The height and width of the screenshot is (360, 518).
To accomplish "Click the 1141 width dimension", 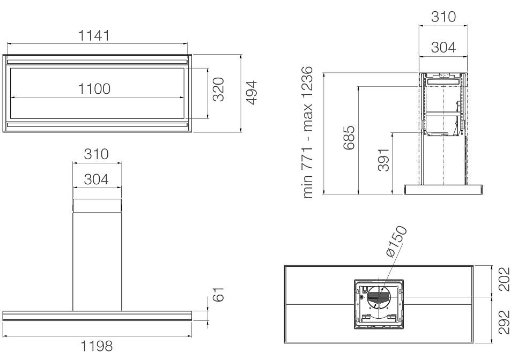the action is [x=94, y=36].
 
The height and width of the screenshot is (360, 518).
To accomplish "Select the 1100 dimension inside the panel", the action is [x=94, y=89].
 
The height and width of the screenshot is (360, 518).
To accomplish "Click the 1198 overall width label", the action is [x=97, y=347].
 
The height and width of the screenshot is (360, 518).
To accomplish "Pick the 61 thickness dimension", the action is [x=218, y=294].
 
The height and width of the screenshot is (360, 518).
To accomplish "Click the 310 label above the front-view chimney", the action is [x=96, y=154].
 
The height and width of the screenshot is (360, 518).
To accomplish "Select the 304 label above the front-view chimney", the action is [x=96, y=179].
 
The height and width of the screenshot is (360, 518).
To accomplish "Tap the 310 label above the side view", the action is [x=443, y=17].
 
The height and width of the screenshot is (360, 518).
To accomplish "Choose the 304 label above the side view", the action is [x=443, y=48].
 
